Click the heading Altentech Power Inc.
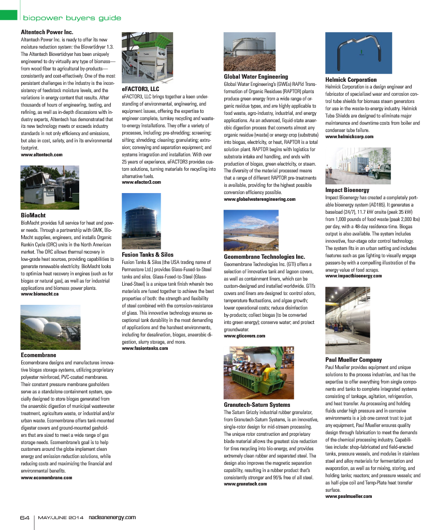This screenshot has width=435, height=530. [x=47, y=32]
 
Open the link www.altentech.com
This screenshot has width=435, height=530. [x=41, y=154]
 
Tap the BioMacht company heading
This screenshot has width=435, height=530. [x=33, y=215]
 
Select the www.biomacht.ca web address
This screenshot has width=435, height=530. [x=39, y=293]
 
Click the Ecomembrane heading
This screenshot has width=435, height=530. [x=38, y=356]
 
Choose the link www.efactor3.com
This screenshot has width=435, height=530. [x=141, y=182]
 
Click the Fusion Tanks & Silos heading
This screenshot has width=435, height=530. [x=148, y=255]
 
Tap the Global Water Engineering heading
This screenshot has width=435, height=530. [x=255, y=77]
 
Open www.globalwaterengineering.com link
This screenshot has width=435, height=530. [x=259, y=199]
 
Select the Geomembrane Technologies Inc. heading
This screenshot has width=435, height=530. [x=264, y=257]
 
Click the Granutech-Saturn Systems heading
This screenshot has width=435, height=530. [x=256, y=404]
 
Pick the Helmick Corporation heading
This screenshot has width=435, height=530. [x=351, y=80]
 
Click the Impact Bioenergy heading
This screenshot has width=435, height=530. [x=346, y=190]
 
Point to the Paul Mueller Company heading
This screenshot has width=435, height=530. [x=353, y=359]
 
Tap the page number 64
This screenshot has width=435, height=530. [x=24, y=517]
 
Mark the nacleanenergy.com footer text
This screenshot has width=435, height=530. [x=112, y=517]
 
